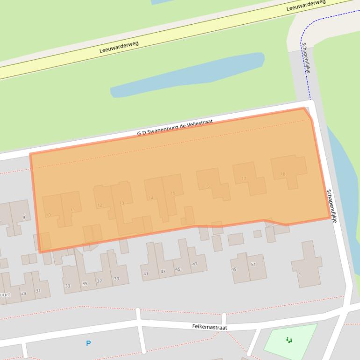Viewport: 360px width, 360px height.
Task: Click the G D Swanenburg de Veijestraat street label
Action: [x=175, y=127]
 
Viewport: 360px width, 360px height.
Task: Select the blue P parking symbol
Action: [x=88, y=344]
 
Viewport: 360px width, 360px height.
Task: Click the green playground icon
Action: [x=289, y=340]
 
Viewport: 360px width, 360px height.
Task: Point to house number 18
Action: [x=283, y=174]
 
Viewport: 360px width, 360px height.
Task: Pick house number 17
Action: [x=244, y=179]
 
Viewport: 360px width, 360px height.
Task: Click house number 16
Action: [x=207, y=186]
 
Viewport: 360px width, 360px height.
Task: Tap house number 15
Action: [x=173, y=193]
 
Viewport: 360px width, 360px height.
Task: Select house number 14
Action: [x=151, y=198]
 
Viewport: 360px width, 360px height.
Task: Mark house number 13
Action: [x=122, y=203]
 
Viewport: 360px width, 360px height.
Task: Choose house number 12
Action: [x=100, y=205]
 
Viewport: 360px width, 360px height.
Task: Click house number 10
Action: [x=48, y=215]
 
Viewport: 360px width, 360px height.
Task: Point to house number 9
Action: [x=24, y=217]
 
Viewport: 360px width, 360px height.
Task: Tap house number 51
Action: [x=253, y=265]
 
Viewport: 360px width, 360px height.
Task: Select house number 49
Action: [x=234, y=269]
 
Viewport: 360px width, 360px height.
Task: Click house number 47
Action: [x=194, y=265]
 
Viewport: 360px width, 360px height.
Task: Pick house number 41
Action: [x=146, y=274]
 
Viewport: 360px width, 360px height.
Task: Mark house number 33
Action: [x=68, y=286]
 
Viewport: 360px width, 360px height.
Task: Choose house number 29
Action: [x=23, y=293]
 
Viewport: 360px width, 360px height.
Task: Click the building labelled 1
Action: [x=299, y=274]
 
